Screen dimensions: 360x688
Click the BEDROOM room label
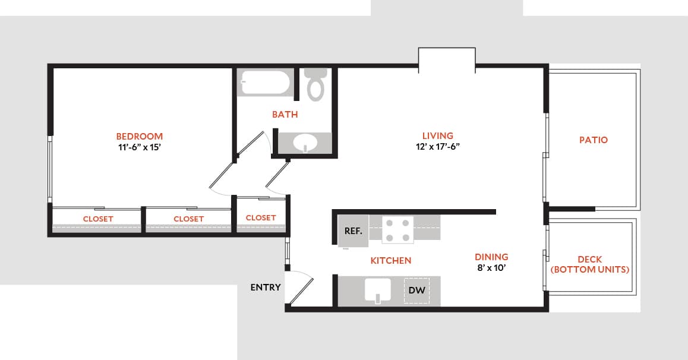pos(139,136)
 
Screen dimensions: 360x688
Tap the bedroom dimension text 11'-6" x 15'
pos(139,147)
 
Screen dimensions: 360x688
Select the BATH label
pos(285,114)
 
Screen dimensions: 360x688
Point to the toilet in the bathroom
pos(315,84)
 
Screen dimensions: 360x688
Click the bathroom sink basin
pos(306,143)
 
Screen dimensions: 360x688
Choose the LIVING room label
pos(437,135)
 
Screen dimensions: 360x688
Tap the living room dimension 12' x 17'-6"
pos(437,147)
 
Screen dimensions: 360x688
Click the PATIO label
pos(593,140)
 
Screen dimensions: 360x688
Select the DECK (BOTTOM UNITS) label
pos(589,264)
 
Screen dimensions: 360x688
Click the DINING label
pos(491,257)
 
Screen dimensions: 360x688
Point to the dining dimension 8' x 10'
pos(491,268)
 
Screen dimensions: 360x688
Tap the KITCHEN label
pos(390,260)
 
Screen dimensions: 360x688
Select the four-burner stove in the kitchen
pos(397,230)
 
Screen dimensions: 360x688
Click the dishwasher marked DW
pos(416,290)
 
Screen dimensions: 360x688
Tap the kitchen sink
pos(377,290)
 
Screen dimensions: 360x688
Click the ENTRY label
pos(265,288)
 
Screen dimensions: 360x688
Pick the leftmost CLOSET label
pos(98,219)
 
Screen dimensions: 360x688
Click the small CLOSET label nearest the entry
pos(260,217)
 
